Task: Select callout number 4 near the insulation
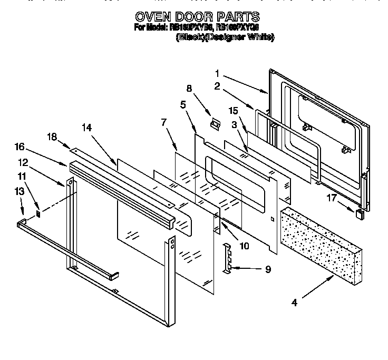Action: [294, 303]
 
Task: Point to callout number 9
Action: [268, 269]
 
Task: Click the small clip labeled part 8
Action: [215, 124]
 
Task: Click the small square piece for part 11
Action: [38, 214]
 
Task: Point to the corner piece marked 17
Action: [360, 214]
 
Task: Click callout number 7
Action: [164, 123]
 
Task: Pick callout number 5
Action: [183, 105]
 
